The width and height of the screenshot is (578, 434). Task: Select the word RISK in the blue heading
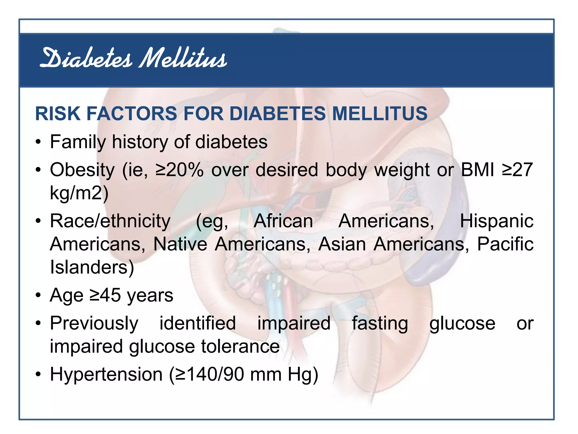pos(58,114)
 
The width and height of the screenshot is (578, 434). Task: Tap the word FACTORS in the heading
pos(132,114)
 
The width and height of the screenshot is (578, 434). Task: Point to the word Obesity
pos(82,170)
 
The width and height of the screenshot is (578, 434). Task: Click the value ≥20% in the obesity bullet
pos(179,170)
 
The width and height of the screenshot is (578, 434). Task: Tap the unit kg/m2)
pos(79,193)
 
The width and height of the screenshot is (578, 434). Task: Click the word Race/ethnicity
pos(110,221)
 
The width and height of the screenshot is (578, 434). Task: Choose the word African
pos(283,221)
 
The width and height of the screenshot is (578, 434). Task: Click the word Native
pos(180,244)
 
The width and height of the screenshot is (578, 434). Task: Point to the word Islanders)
pos(92,267)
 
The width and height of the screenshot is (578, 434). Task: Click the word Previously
pos(94,324)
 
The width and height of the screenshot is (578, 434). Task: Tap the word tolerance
pos(240,346)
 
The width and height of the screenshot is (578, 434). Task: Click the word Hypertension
pos(106,374)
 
